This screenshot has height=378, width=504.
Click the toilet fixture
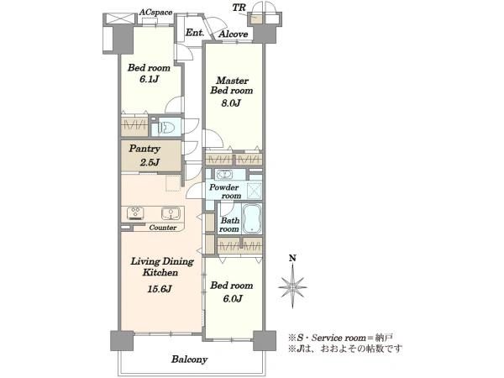click(166, 128)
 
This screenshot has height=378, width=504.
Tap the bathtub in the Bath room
click(252, 218)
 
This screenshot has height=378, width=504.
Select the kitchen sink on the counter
click(171, 213)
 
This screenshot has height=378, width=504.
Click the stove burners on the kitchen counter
click(135, 213)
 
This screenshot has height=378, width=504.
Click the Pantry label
click(144, 149)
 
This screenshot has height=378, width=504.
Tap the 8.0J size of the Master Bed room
click(230, 102)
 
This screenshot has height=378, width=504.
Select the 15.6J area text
click(159, 289)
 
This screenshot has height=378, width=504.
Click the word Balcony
click(189, 360)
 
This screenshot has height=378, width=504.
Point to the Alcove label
click(233, 34)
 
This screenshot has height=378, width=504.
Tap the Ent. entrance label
click(195, 33)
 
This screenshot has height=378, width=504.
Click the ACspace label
click(156, 13)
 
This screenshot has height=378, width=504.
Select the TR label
click(239, 8)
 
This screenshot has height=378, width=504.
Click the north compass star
click(292, 286)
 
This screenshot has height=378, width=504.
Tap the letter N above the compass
click(292, 258)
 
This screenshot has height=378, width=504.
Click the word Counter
click(163, 228)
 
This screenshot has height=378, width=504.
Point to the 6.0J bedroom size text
click(233, 299)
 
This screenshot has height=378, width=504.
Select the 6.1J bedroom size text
click(149, 79)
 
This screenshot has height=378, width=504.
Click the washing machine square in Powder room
click(255, 192)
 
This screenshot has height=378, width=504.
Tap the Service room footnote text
click(340, 338)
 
